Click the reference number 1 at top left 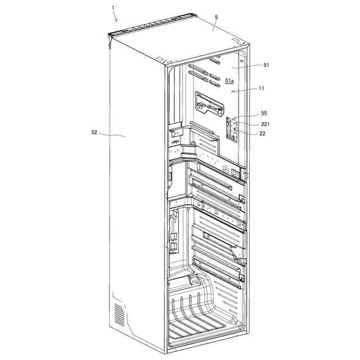click(113, 8)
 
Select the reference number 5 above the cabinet click(217, 17)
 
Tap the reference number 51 click(266, 65)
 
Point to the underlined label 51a click(229, 81)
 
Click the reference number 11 click(261, 88)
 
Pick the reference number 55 click(264, 113)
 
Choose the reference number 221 click(265, 124)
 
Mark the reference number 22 click(263, 134)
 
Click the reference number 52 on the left click(94, 133)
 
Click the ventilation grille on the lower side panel click(119, 314)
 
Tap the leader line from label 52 click(112, 135)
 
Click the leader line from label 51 click(247, 66)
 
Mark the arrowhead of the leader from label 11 click(232, 92)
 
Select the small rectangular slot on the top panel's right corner click(235, 40)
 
